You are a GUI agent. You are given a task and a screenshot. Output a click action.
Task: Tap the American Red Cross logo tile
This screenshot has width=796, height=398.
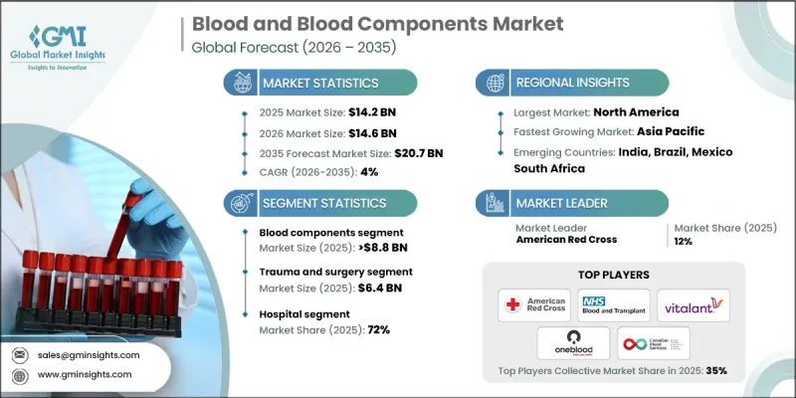click(x=536, y=305)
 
